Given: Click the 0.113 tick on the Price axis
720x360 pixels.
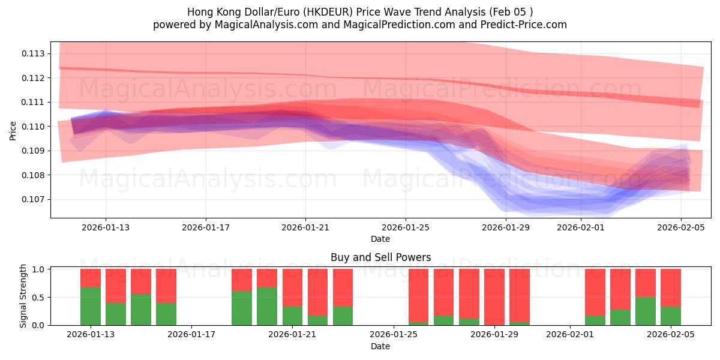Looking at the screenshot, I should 34,54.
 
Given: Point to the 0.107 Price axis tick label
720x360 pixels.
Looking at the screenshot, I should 34,199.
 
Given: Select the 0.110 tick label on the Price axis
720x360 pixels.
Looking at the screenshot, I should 34,127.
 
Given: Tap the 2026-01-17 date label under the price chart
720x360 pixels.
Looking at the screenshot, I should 206,227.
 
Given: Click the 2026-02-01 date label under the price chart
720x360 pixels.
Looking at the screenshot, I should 580,227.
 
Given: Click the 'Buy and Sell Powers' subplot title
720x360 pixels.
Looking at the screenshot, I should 380,257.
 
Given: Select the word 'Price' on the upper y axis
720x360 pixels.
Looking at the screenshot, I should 13,130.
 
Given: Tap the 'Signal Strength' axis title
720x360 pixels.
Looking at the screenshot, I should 23,296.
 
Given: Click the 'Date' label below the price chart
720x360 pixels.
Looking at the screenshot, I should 380,239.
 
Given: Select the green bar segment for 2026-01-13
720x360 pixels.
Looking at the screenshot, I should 91,307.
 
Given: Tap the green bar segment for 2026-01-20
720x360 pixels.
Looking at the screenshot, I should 267,307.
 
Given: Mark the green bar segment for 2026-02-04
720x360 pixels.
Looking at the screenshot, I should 646,311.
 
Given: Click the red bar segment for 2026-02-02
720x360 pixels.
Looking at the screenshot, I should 595,292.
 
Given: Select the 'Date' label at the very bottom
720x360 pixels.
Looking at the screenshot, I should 380,346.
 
